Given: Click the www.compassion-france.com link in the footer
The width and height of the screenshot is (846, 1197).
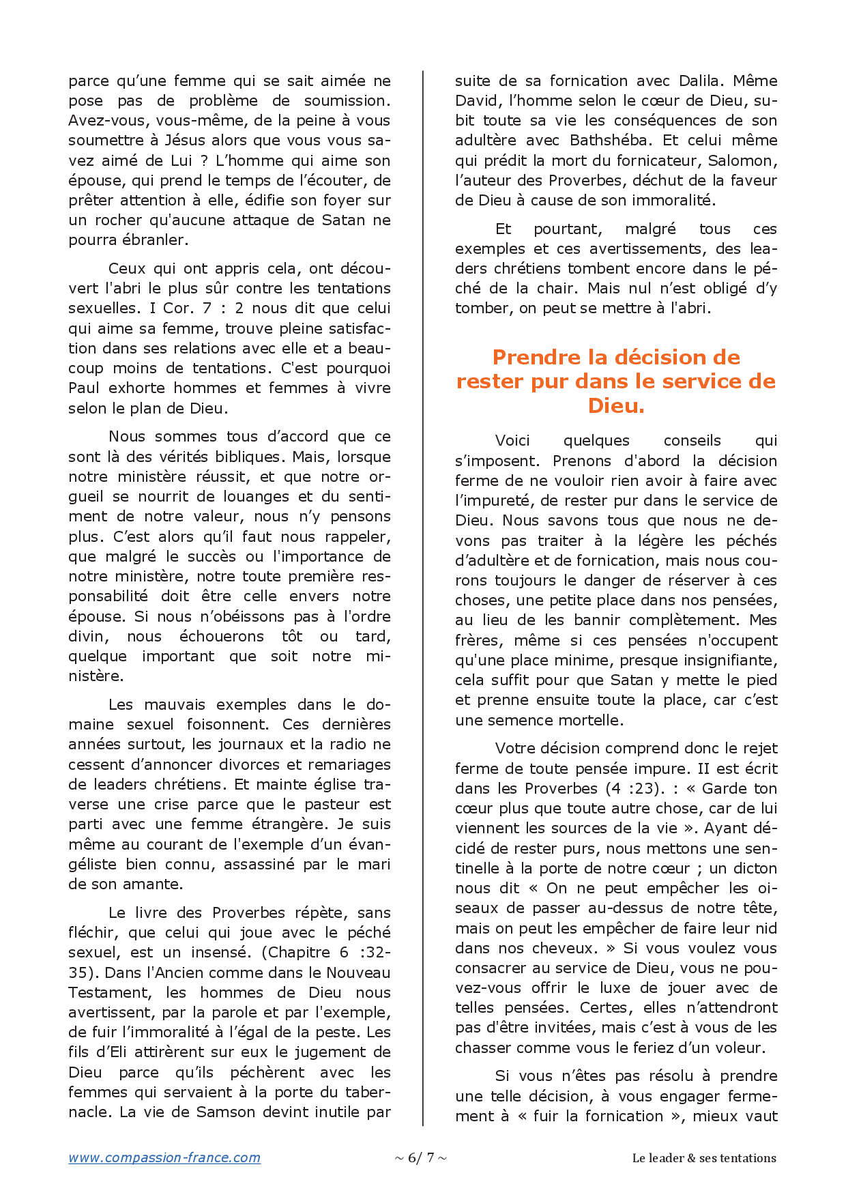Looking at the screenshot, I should coord(164,1157).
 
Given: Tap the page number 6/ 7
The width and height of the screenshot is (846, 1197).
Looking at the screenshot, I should coord(421,1157).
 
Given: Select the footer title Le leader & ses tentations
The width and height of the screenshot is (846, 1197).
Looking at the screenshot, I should coord(704,1158).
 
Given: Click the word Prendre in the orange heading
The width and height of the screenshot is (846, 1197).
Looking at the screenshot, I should coord(536,358).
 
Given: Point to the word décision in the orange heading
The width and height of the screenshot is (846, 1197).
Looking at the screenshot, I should coord(683,358).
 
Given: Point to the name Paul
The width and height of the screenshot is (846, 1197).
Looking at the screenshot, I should coord(84,388).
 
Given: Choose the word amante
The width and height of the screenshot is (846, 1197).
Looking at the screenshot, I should coord(158,884).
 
